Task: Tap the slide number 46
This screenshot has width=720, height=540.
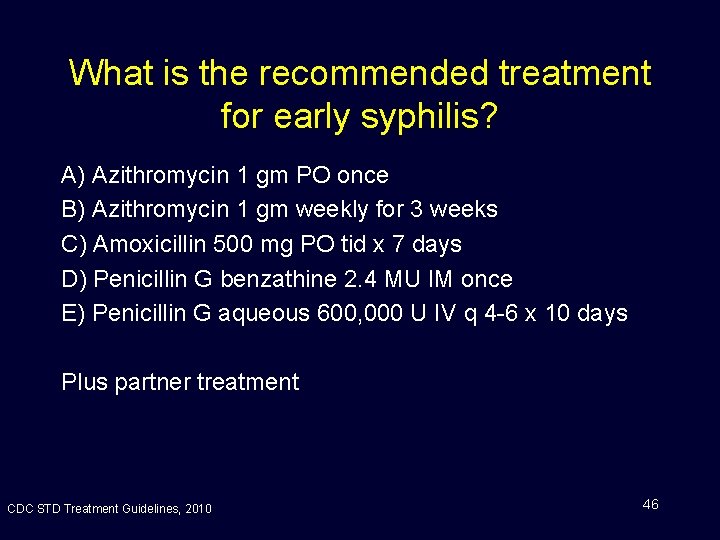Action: (650, 504)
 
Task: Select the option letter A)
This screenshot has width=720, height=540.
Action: (73, 176)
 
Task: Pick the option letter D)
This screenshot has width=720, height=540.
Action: (73, 279)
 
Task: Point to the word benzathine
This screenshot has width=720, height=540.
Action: (279, 279)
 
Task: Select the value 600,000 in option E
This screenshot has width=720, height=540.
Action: (359, 314)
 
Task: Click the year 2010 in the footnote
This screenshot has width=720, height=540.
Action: (198, 509)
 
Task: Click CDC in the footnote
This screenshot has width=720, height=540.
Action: (19, 509)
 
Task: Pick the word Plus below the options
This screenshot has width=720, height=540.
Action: (83, 382)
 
